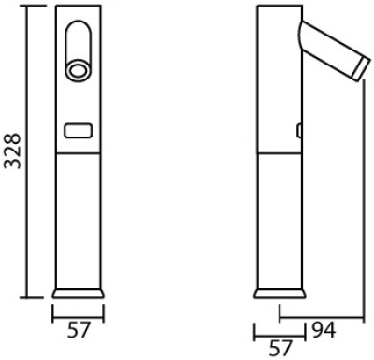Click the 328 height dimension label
point(12,151)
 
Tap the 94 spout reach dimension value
point(324,330)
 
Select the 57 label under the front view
point(79,330)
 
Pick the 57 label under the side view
point(280,348)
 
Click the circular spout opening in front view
point(78,70)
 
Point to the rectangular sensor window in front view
point(79,130)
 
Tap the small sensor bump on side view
point(299,131)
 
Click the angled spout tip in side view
point(362,69)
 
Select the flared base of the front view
point(78,294)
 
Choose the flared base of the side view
point(280,294)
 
